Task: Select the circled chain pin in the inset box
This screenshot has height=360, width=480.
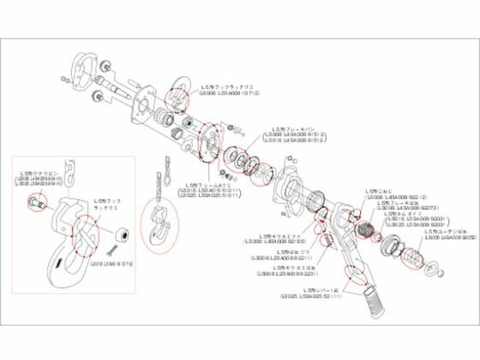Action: click(x=37, y=203)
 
